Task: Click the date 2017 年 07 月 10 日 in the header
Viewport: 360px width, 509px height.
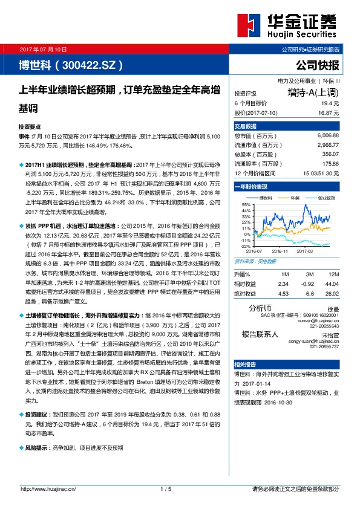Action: click(44, 48)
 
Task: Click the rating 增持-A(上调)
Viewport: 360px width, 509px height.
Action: click(313, 93)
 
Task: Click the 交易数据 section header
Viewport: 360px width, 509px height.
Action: click(246, 126)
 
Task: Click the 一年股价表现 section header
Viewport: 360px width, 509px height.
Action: click(250, 187)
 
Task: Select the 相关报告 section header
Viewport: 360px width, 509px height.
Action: click(246, 365)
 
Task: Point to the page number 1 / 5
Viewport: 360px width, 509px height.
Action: click(166, 488)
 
